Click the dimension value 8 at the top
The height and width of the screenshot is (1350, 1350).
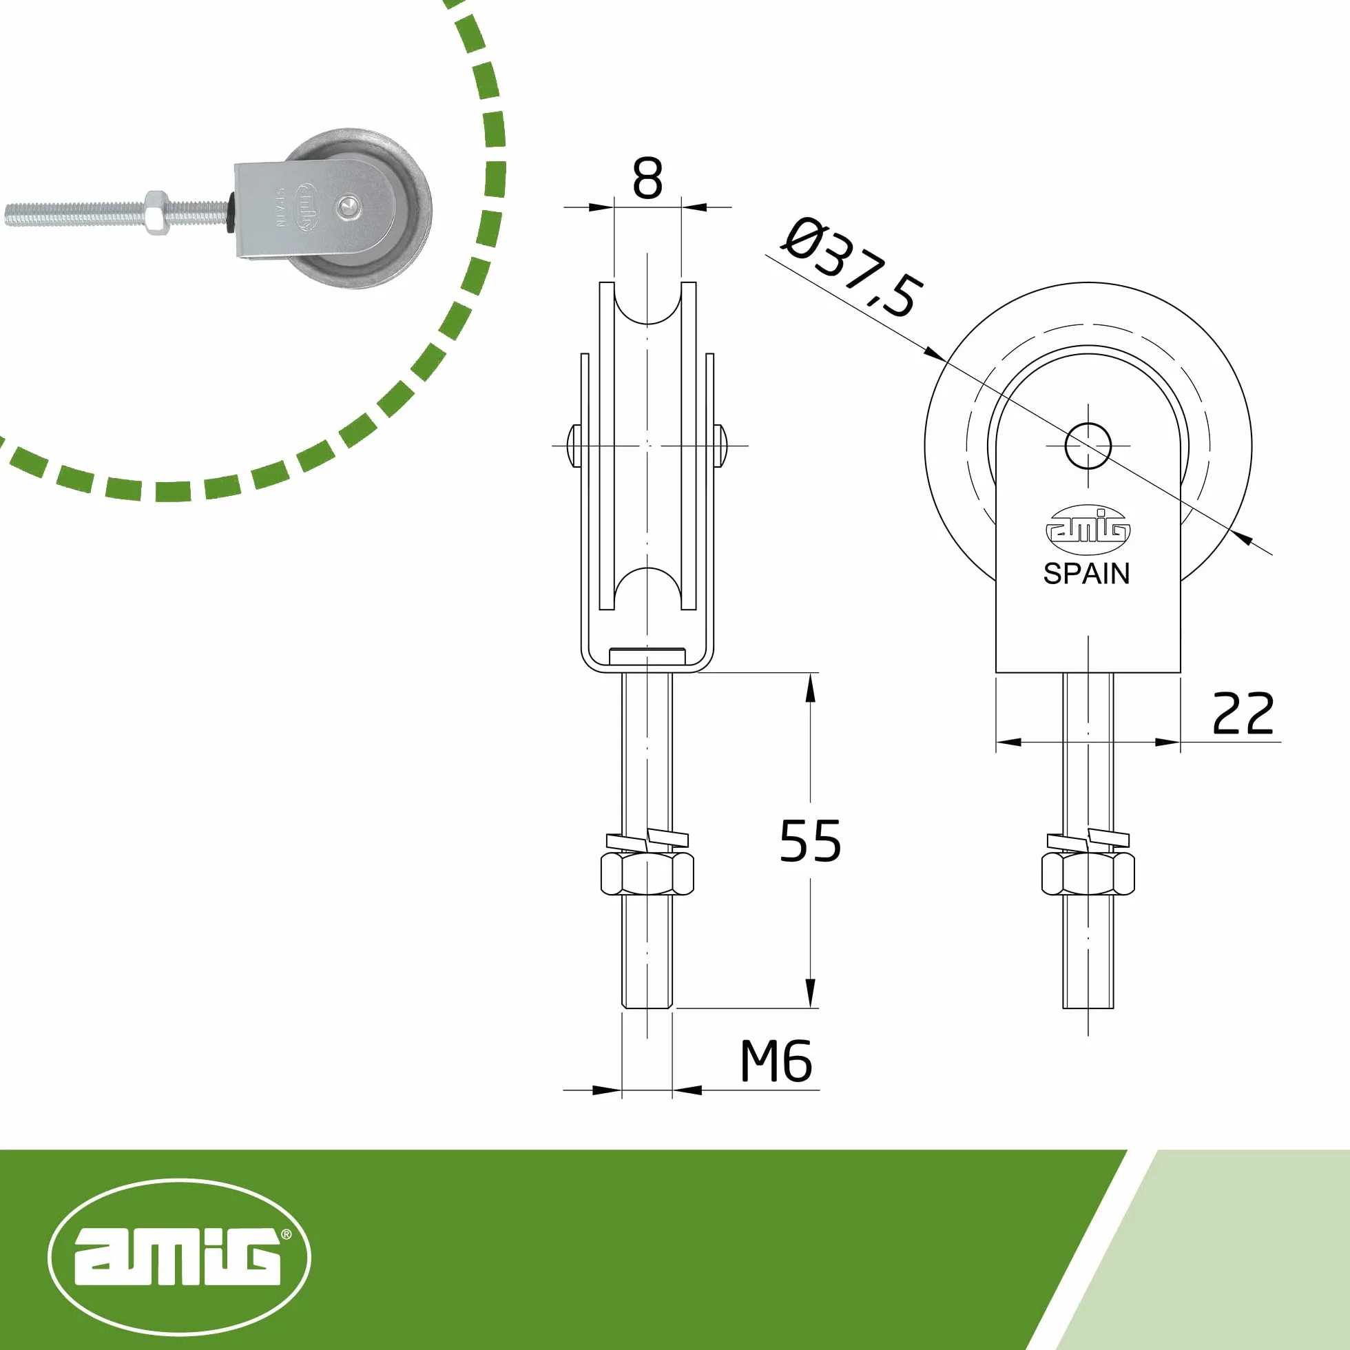(x=647, y=179)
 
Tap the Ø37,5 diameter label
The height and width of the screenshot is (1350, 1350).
(x=851, y=269)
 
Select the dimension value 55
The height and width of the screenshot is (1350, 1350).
(x=810, y=840)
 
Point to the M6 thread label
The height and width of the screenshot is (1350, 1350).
(x=776, y=1061)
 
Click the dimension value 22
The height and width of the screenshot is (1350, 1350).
(x=1243, y=714)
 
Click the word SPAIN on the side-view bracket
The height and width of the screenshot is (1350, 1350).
(x=1087, y=574)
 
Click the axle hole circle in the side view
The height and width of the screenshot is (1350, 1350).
(x=1088, y=446)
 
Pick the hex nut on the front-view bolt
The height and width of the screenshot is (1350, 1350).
(x=647, y=873)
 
